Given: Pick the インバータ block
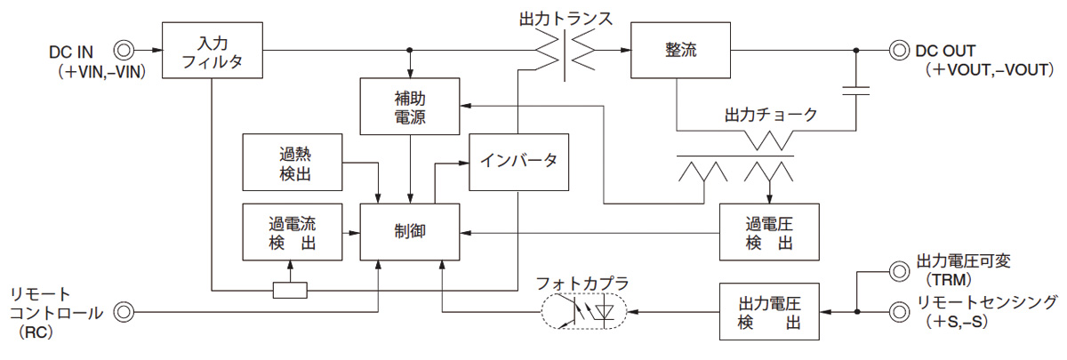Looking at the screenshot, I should tap(518, 161).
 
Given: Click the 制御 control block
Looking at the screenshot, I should tap(410, 231).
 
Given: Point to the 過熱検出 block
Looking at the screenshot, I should tap(293, 161).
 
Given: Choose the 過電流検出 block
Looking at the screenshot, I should tap(293, 231).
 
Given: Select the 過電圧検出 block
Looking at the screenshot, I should tap(770, 231).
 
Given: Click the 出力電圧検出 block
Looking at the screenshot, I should tap(770, 312).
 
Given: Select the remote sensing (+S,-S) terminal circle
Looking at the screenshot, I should tap(899, 312).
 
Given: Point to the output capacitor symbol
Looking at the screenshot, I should tap(857, 90).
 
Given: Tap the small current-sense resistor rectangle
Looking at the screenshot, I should tap(290, 290).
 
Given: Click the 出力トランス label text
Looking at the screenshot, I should tap(566, 17).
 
